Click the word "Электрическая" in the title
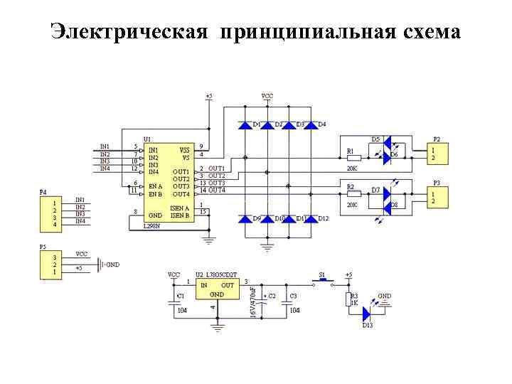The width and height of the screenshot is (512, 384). [129, 32]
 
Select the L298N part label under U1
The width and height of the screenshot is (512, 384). [152, 225]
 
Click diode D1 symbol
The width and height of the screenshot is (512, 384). [245, 125]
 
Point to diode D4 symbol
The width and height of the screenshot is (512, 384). [311, 125]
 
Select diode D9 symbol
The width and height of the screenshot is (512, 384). [245, 218]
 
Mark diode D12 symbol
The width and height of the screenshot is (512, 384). [311, 218]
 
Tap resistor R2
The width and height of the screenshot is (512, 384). [353, 193]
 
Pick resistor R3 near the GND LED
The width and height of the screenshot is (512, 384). [348, 298]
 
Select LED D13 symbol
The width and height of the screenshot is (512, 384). [367, 314]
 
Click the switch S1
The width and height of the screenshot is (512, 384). [322, 280]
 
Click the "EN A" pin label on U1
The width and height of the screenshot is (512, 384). [156, 186]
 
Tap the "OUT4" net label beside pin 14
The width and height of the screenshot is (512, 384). [216, 190]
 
